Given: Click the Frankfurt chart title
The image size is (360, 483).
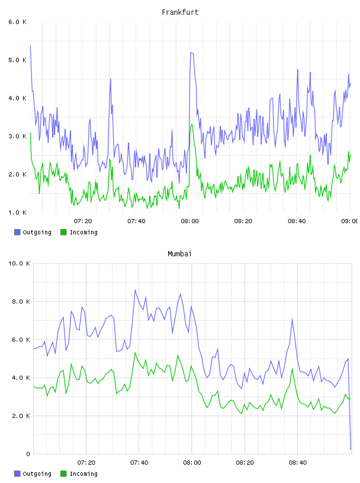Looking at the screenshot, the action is pos(180,12).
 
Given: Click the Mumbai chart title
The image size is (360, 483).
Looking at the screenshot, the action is pos(179,254).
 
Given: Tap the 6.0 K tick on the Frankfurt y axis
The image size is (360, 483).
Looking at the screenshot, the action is pos(17,22).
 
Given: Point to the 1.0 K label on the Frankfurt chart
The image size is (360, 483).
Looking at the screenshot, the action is pos(17,212).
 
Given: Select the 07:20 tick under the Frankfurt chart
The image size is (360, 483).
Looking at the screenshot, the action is pos(83,221).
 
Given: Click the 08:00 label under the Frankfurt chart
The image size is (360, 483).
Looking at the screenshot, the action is pos(190,221).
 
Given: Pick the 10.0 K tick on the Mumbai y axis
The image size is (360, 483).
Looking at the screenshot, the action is pos(19,263).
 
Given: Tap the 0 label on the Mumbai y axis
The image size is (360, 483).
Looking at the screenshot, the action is pos(28,454).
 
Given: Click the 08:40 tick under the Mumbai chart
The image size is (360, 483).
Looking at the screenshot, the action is pos(298,463).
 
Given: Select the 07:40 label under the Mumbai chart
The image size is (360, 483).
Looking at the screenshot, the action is pos(139,463).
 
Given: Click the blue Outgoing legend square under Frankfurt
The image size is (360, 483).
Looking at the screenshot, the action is pos(17,232).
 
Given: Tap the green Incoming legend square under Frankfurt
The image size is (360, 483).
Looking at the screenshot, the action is pos(63,232).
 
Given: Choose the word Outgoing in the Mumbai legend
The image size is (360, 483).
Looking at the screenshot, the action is pos(37,474).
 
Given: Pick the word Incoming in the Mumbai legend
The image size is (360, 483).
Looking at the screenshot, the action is pos(83,474).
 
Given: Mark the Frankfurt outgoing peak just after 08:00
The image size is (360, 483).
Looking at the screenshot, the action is pos(191,53).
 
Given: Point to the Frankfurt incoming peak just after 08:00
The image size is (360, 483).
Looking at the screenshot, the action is pos(192,124).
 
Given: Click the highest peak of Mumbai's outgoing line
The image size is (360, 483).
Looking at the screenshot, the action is pos(135,289).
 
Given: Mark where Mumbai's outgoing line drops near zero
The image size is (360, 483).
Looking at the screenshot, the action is pos(351,449).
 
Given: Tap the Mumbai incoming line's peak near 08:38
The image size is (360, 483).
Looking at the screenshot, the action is pos(292,368).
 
